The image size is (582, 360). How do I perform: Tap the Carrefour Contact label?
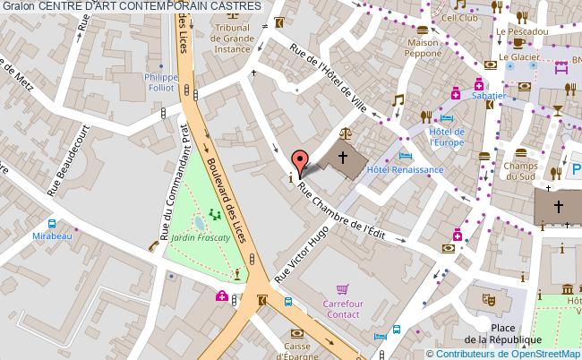click(341, 309)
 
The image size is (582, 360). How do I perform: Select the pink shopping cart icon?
click(341, 289)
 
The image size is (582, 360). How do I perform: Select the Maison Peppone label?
click(423, 48)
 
